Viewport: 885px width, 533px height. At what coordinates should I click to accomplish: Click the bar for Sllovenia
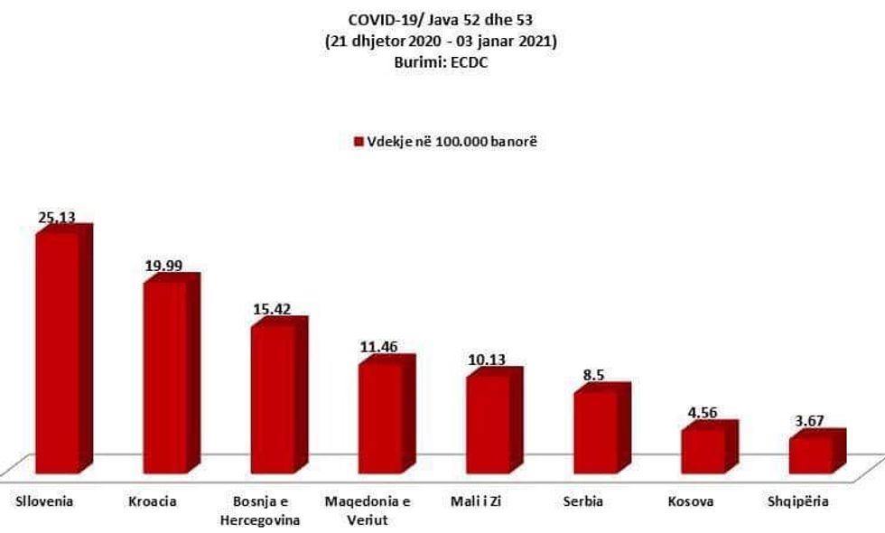[57, 352]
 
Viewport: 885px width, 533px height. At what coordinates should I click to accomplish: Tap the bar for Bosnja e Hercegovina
[272, 398]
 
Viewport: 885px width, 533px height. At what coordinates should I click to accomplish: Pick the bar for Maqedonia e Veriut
[379, 417]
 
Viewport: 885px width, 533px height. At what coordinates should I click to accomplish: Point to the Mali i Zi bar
[487, 423]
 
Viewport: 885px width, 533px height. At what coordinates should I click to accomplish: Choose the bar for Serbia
[594, 432]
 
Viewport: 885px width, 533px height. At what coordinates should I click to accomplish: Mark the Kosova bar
[702, 449]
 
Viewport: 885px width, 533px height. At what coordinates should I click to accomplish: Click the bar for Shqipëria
[809, 454]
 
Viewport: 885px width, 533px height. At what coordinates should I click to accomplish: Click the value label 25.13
[56, 218]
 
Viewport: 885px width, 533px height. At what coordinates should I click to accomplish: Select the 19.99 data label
[163, 266]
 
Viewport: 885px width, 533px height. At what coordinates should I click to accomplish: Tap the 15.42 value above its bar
[272, 310]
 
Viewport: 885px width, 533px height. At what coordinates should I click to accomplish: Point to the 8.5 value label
[594, 377]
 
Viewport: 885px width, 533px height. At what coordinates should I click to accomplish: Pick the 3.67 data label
[808, 422]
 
